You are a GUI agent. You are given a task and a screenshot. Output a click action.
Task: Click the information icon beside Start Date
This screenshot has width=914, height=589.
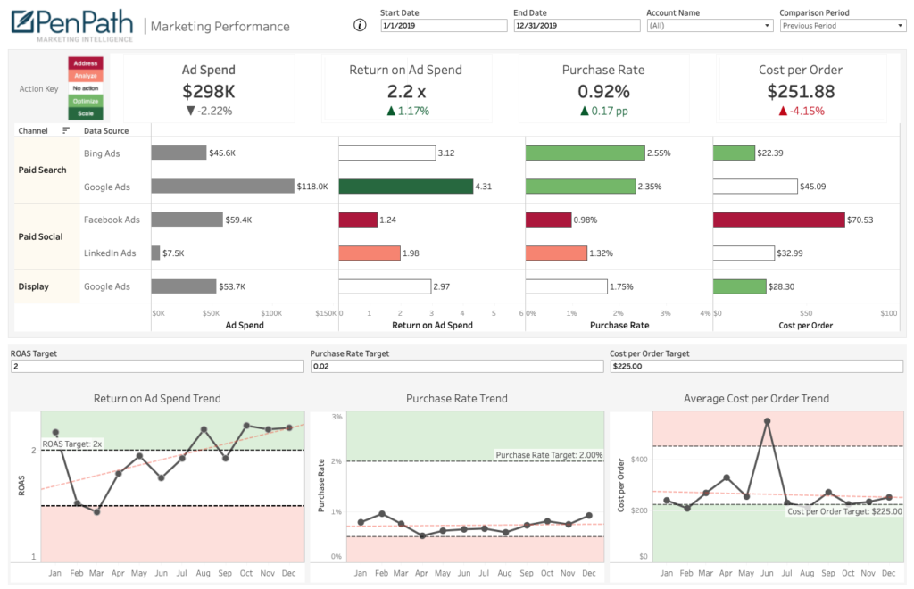point(361,25)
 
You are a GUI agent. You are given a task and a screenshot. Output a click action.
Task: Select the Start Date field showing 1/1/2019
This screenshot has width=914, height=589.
point(442,26)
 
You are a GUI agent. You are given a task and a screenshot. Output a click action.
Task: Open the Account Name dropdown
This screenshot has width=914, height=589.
point(710,26)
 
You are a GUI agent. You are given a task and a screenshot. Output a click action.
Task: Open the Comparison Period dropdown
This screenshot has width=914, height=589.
point(843,26)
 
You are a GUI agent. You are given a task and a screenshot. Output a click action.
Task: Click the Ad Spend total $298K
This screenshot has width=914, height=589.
point(208,91)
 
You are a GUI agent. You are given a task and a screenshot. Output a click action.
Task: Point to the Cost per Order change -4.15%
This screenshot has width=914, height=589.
point(801,111)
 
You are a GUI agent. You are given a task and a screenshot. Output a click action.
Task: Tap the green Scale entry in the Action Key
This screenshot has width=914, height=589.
point(86,113)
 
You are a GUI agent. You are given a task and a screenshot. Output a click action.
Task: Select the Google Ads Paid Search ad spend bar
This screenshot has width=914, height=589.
point(222,187)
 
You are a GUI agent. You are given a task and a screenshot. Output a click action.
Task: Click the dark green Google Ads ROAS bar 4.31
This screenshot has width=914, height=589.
point(406,187)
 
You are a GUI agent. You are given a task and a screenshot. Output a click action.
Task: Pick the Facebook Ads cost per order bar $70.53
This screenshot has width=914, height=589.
point(778,220)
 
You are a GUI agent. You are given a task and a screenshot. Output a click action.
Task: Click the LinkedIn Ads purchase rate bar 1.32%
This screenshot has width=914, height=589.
point(556,253)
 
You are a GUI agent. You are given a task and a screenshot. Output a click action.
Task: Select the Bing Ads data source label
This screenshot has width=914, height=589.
point(102,153)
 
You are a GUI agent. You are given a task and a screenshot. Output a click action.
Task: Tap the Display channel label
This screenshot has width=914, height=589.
point(34,286)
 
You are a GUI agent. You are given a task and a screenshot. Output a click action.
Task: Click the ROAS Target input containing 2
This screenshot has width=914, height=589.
point(156,366)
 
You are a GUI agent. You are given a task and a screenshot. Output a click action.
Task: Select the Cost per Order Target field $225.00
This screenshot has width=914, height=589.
point(757,366)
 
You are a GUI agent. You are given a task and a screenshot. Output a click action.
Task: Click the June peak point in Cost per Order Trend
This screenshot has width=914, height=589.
point(767,421)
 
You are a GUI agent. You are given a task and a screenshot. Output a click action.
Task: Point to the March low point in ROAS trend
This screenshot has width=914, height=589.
point(97,512)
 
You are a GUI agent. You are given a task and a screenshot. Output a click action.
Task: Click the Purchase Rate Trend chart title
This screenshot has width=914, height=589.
point(456,399)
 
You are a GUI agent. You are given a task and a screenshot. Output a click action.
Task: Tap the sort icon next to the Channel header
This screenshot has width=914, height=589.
point(66,130)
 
